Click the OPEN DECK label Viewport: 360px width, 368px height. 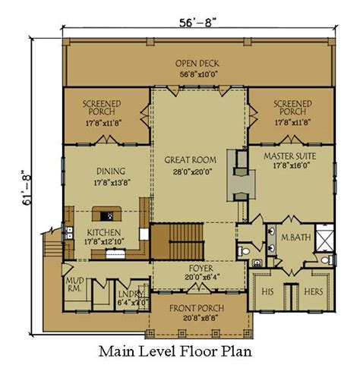197,63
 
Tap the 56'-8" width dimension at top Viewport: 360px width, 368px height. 199,23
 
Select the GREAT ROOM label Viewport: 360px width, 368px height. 191,160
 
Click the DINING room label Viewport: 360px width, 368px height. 111,171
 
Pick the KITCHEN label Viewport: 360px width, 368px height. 104,233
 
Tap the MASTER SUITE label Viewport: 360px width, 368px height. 290,156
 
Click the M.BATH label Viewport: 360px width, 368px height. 296,237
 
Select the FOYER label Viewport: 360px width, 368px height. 201,268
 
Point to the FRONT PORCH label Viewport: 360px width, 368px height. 197,308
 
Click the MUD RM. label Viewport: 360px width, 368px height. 75,285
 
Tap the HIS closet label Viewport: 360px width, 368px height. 267,291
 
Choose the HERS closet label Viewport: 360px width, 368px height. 314,291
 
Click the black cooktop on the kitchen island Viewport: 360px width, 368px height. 107,216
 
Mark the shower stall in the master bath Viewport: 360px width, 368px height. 324,237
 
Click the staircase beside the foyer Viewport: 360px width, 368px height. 178,241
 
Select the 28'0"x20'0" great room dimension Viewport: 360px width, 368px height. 192,172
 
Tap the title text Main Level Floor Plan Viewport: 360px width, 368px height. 175,351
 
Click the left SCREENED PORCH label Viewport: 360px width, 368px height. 102,108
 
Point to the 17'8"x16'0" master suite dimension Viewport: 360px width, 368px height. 292,165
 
